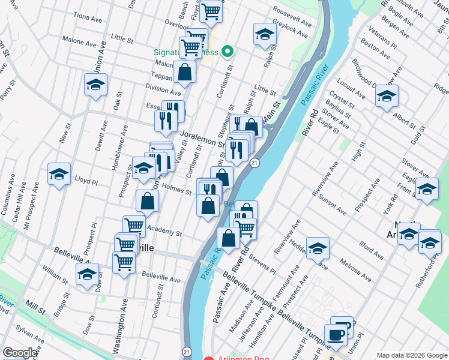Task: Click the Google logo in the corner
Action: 20,353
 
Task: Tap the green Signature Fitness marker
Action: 227,52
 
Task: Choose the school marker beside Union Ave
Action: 95,85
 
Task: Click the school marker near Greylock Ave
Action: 264,35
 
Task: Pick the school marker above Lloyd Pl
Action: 59,174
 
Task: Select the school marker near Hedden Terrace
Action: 318,248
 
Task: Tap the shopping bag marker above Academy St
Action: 147,202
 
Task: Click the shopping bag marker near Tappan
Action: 185,72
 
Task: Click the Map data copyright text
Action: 412,355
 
